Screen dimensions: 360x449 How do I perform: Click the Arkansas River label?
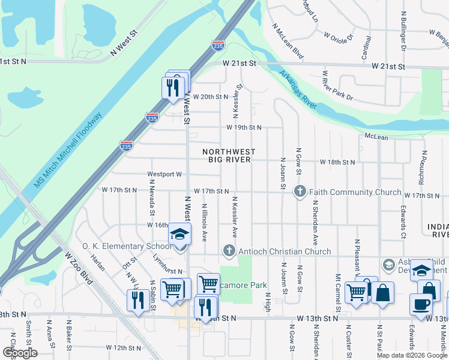click(x=297, y=90)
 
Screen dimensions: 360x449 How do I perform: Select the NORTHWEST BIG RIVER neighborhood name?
click(x=229, y=156)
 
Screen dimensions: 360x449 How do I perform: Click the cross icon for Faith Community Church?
click(x=300, y=191)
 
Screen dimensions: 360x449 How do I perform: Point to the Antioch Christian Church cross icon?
click(x=228, y=250)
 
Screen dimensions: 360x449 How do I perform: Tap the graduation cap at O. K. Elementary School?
click(x=179, y=234)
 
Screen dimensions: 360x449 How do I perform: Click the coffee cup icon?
click(x=421, y=304)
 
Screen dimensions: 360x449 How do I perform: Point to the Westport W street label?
click(x=164, y=175)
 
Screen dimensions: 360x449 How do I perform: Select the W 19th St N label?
click(x=244, y=127)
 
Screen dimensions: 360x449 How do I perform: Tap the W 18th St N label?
click(x=337, y=162)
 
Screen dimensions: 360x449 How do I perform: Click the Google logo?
click(x=20, y=353)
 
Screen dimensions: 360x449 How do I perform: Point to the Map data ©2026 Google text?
click(x=411, y=355)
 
